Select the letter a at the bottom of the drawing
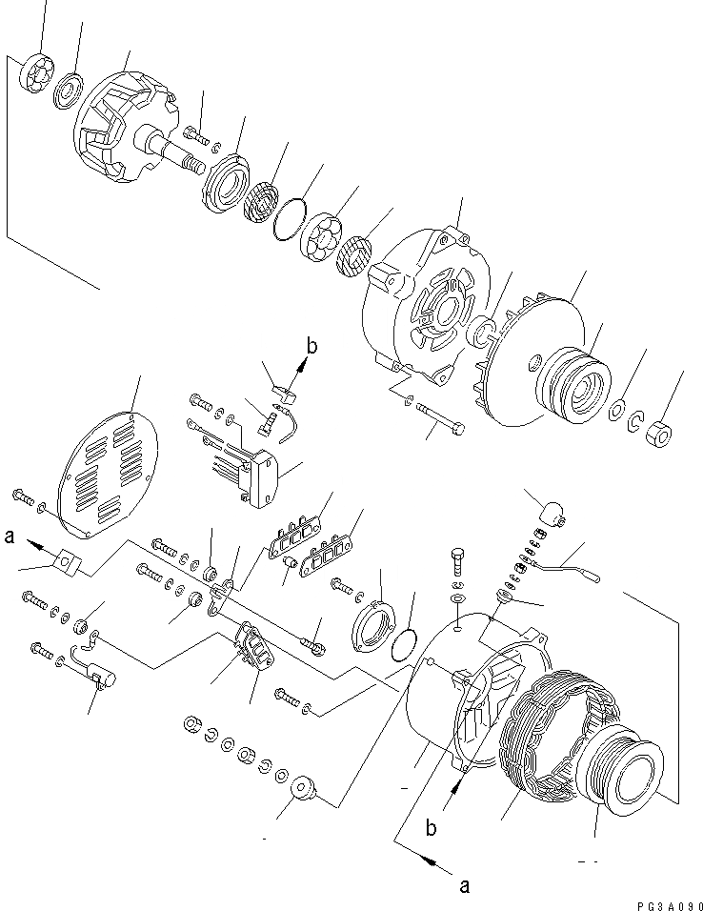pyautogui.click(x=464, y=885)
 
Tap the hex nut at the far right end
pyautogui.click(x=657, y=435)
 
